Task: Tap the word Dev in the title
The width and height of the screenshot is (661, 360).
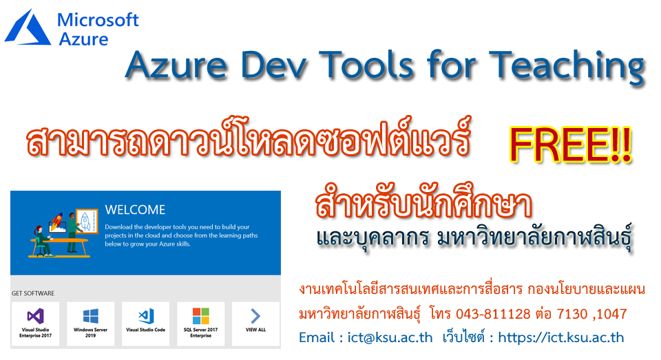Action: (274, 65)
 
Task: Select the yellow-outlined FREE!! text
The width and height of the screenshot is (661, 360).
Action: (570, 145)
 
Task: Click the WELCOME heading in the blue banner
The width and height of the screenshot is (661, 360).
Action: (135, 209)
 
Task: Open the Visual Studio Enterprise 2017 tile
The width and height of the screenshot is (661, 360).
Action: (35, 324)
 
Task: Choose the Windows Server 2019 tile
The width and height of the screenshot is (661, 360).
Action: (91, 324)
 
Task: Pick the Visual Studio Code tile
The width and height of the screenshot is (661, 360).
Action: (145, 324)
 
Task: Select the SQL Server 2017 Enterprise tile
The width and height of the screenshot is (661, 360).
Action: (200, 324)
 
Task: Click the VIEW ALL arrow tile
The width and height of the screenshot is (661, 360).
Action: (256, 324)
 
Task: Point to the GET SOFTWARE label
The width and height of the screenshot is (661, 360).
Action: (33, 293)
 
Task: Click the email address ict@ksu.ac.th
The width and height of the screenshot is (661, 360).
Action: (390, 337)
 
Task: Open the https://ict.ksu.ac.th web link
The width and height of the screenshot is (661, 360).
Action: (561, 337)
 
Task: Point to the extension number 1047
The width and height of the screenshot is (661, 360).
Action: (612, 314)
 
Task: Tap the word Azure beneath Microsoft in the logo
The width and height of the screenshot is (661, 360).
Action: (83, 39)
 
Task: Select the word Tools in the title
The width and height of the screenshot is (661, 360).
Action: (368, 65)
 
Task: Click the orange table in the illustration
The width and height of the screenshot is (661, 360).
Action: (59, 246)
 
